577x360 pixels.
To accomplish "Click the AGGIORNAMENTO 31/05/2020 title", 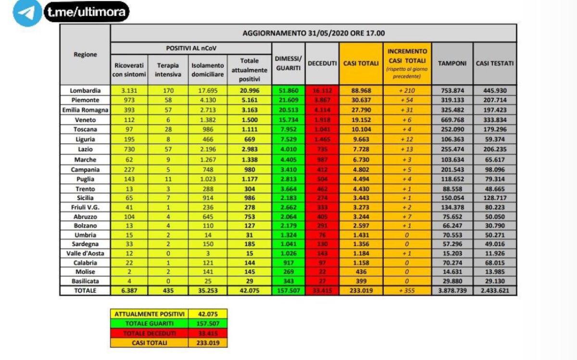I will click(x=314, y=33).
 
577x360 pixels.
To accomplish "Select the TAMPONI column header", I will click(x=452, y=63).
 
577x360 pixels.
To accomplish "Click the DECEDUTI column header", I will click(x=322, y=63).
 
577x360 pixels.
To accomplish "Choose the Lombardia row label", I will click(x=85, y=90).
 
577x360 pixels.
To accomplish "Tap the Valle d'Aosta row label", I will click(x=85, y=253).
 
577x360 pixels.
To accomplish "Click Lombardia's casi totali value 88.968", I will click(x=361, y=90).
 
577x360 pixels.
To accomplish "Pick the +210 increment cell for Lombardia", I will click(x=407, y=90).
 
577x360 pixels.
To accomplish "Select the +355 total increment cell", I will click(x=407, y=291).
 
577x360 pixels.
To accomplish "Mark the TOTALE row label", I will click(x=85, y=291).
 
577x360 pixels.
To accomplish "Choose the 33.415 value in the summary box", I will click(x=208, y=333).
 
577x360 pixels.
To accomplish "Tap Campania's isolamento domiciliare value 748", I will click(x=208, y=170).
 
